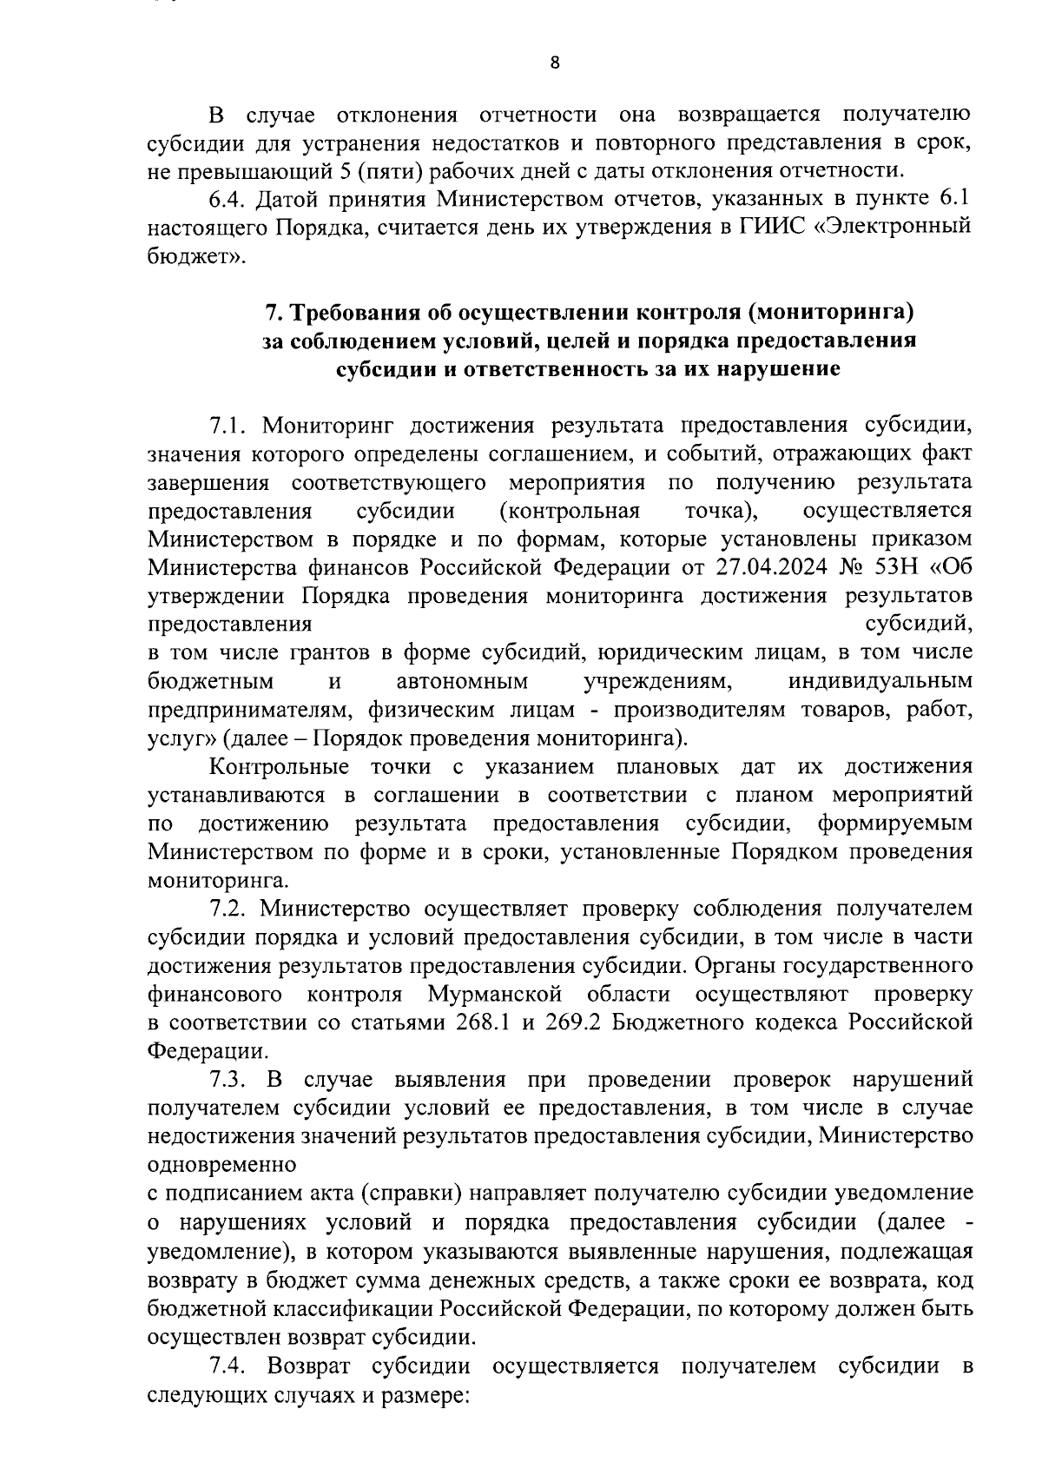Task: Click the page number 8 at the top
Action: click(555, 62)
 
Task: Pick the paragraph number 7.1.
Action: click(228, 425)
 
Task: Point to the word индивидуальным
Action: click(880, 681)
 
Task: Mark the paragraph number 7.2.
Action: click(228, 909)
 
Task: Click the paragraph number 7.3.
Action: click(228, 1080)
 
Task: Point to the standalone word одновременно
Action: click(222, 1165)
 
